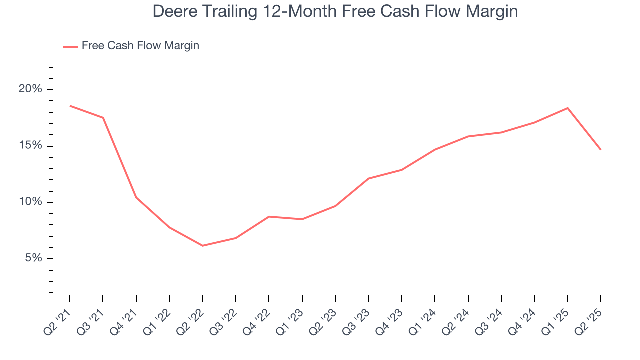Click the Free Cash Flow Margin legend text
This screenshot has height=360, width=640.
point(140,46)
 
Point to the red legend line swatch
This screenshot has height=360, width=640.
point(70,46)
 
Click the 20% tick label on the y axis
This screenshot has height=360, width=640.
point(30,89)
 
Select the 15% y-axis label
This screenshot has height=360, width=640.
point(30,146)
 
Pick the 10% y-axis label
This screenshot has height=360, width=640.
point(30,202)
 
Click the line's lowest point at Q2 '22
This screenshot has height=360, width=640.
point(202,246)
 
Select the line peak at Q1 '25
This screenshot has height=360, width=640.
point(568,108)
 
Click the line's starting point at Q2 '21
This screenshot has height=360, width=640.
point(70,106)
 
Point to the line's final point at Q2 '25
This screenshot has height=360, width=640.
point(601,150)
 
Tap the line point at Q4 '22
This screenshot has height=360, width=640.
point(269,216)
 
